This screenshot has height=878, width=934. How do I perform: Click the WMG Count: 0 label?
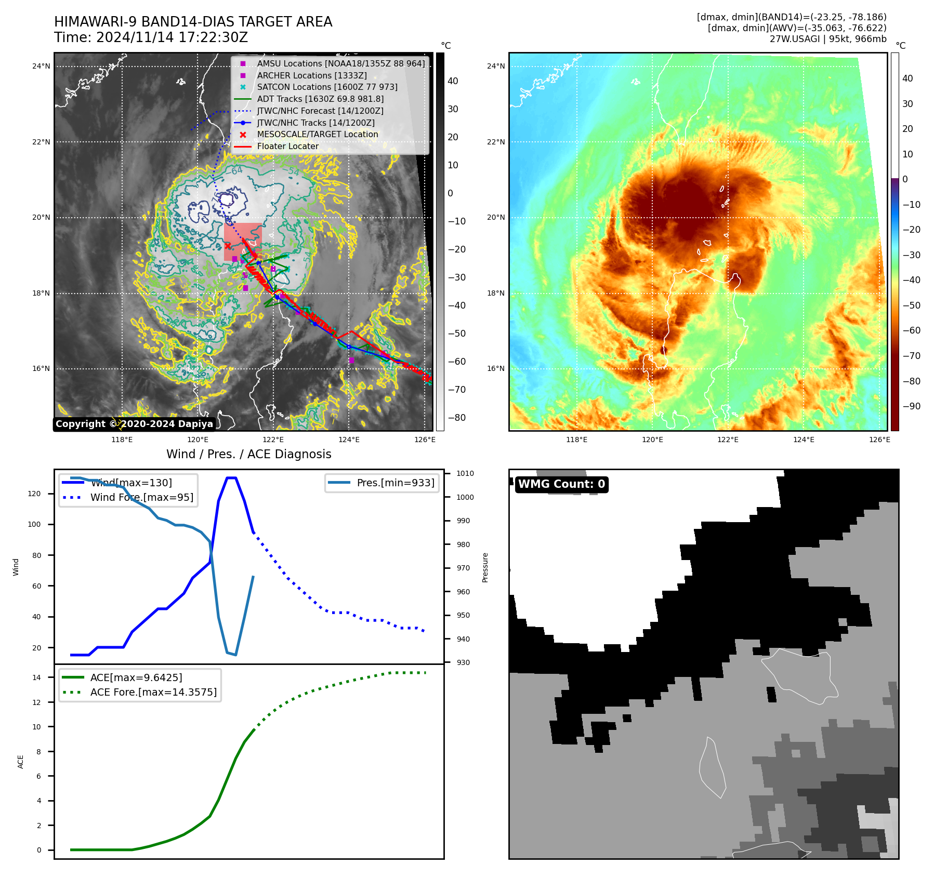[561, 484]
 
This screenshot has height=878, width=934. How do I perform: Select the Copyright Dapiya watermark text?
[134, 424]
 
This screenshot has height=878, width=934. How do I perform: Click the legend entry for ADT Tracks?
[319, 99]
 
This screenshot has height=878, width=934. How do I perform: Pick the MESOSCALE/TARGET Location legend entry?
[317, 134]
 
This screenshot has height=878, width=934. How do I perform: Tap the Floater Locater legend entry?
[287, 146]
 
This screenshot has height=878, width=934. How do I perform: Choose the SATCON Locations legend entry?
[327, 87]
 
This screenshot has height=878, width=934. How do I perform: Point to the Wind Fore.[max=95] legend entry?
[141, 497]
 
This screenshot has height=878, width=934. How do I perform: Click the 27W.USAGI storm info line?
[828, 39]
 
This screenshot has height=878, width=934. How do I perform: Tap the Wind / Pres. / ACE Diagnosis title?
[248, 454]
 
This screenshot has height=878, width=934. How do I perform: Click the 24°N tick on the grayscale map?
[42, 66]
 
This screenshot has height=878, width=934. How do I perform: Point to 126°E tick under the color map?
[879, 440]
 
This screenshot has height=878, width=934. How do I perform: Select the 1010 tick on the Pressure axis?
[465, 473]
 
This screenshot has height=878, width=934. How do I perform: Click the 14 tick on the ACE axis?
[37, 677]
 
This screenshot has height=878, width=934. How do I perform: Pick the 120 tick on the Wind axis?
[34, 494]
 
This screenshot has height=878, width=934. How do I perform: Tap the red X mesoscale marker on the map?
[227, 246]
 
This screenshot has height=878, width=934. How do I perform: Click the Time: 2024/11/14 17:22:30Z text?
[151, 37]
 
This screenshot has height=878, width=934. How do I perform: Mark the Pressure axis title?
[485, 567]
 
